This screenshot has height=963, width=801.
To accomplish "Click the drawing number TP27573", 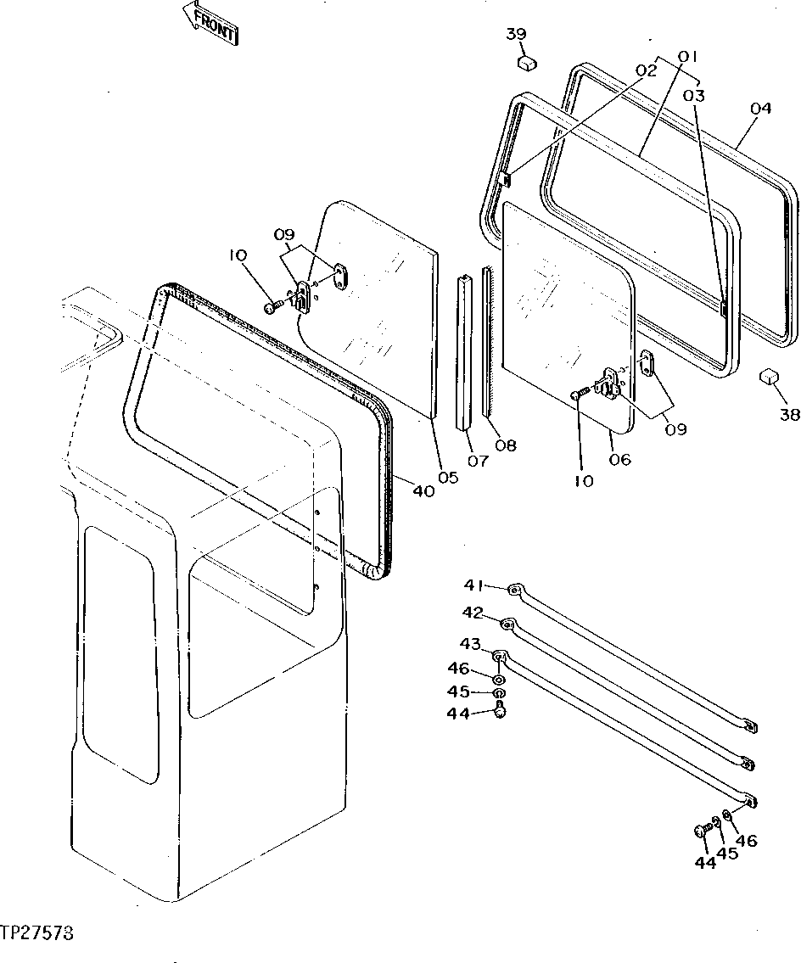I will coord(37,933).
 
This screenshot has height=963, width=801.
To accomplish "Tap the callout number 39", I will coord(516,35).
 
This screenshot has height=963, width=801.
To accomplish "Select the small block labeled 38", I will coord(770,376).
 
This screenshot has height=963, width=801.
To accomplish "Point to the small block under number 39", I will coord(528,62).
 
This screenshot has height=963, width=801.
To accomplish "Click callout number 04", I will coord(760,109).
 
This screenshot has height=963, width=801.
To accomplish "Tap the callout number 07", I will coord(478,461).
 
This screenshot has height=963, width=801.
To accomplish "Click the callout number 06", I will coord(620,459).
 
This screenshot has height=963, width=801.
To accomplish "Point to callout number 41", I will coord(474,585).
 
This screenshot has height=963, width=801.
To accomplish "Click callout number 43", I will coord(471,643).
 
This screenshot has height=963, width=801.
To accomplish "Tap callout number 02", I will coord(646,70).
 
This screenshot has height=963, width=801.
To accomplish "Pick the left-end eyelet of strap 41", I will coord(514,590).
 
